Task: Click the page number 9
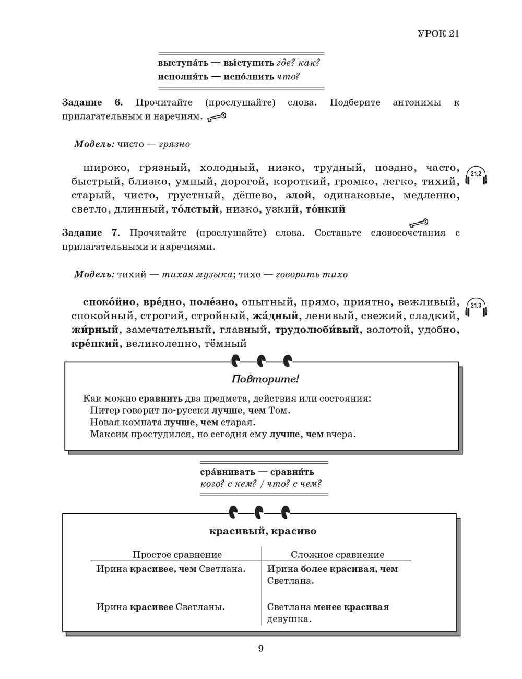tap(261, 649)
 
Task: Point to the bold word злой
tap(299, 195)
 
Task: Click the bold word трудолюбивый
tap(317, 330)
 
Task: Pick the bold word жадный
tap(275, 316)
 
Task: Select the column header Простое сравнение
tap(177, 555)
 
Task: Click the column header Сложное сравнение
tap(337, 555)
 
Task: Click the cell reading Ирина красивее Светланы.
tap(161, 607)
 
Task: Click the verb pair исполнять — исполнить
tap(216, 77)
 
